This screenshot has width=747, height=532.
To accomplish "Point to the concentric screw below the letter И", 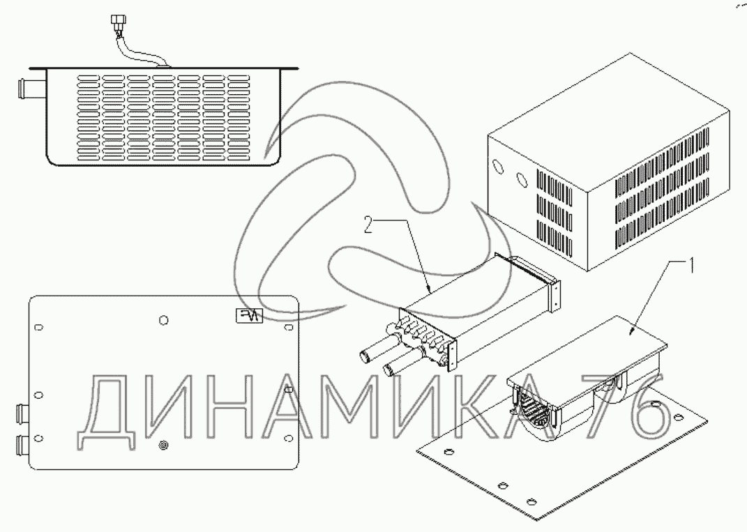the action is tap(163, 445).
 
